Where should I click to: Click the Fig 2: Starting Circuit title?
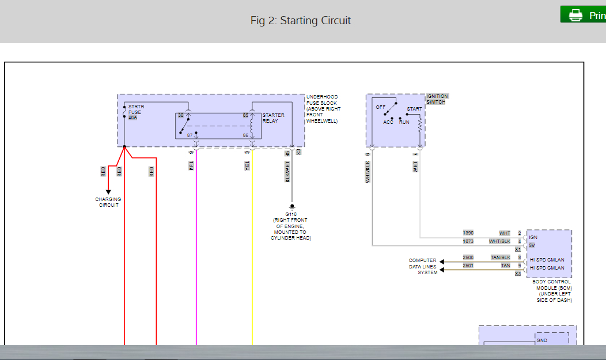click(300, 21)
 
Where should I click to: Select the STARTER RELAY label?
click(273, 118)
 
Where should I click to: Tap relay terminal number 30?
click(181, 115)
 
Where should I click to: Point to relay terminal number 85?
click(245, 115)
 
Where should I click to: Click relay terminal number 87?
click(190, 135)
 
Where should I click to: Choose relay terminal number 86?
click(245, 135)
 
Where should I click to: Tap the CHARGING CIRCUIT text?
click(108, 202)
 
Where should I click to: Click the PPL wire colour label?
click(192, 165)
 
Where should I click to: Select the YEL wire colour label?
click(248, 165)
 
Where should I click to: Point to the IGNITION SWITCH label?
click(437, 99)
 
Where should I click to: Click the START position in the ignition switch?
click(414, 109)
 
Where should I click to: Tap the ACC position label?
click(388, 122)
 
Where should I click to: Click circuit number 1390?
click(468, 233)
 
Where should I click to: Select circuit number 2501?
click(468, 266)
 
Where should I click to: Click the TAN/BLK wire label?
click(500, 257)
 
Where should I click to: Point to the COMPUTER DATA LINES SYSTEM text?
click(423, 266)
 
